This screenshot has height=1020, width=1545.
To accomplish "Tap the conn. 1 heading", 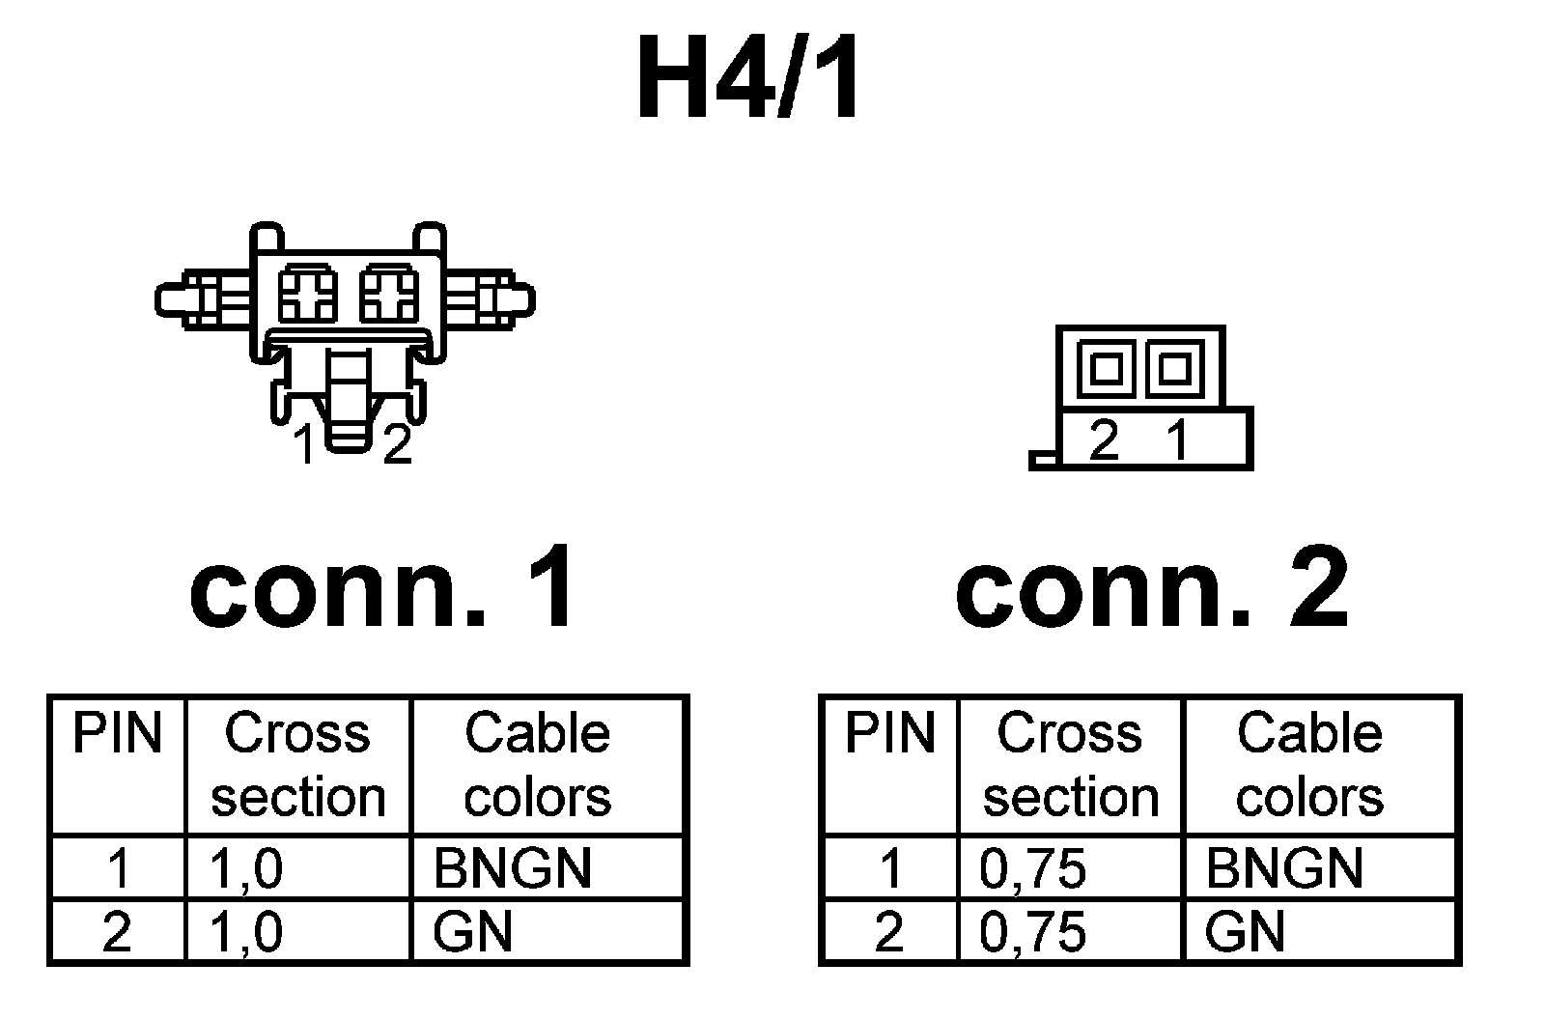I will (x=383, y=586).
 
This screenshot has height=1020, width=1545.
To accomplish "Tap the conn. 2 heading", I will (x=1151, y=586).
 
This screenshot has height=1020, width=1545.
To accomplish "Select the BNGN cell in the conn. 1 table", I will (x=512, y=867).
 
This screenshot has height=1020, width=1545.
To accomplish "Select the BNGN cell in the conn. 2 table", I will (x=1283, y=867).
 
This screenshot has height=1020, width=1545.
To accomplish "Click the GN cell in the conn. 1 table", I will (x=473, y=932).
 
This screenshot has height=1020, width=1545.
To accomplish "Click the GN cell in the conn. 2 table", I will (x=1245, y=932).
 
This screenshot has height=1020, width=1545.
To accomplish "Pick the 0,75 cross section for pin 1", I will (x=1032, y=867).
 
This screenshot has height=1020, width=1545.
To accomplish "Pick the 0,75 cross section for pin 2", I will (x=1032, y=932).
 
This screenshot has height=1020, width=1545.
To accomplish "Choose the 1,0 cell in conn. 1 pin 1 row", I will (x=246, y=867).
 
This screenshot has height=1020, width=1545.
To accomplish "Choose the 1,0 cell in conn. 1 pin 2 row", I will (x=246, y=932).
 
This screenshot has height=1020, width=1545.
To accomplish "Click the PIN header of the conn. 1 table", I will (x=118, y=733).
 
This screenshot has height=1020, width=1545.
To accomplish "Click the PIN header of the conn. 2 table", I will (x=889, y=733).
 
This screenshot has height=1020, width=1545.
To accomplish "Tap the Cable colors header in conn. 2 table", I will (x=1309, y=765).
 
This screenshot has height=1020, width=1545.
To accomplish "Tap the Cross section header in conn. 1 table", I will (x=297, y=765).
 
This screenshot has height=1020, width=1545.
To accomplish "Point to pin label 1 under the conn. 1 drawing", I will (x=305, y=445).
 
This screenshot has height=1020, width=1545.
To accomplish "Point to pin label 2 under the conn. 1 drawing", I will (x=397, y=445).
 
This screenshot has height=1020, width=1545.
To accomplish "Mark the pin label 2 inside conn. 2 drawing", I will (x=1104, y=440).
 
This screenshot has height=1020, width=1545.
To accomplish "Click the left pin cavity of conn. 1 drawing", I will (x=307, y=294).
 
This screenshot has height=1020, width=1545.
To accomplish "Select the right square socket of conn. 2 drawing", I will (x=1173, y=368).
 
